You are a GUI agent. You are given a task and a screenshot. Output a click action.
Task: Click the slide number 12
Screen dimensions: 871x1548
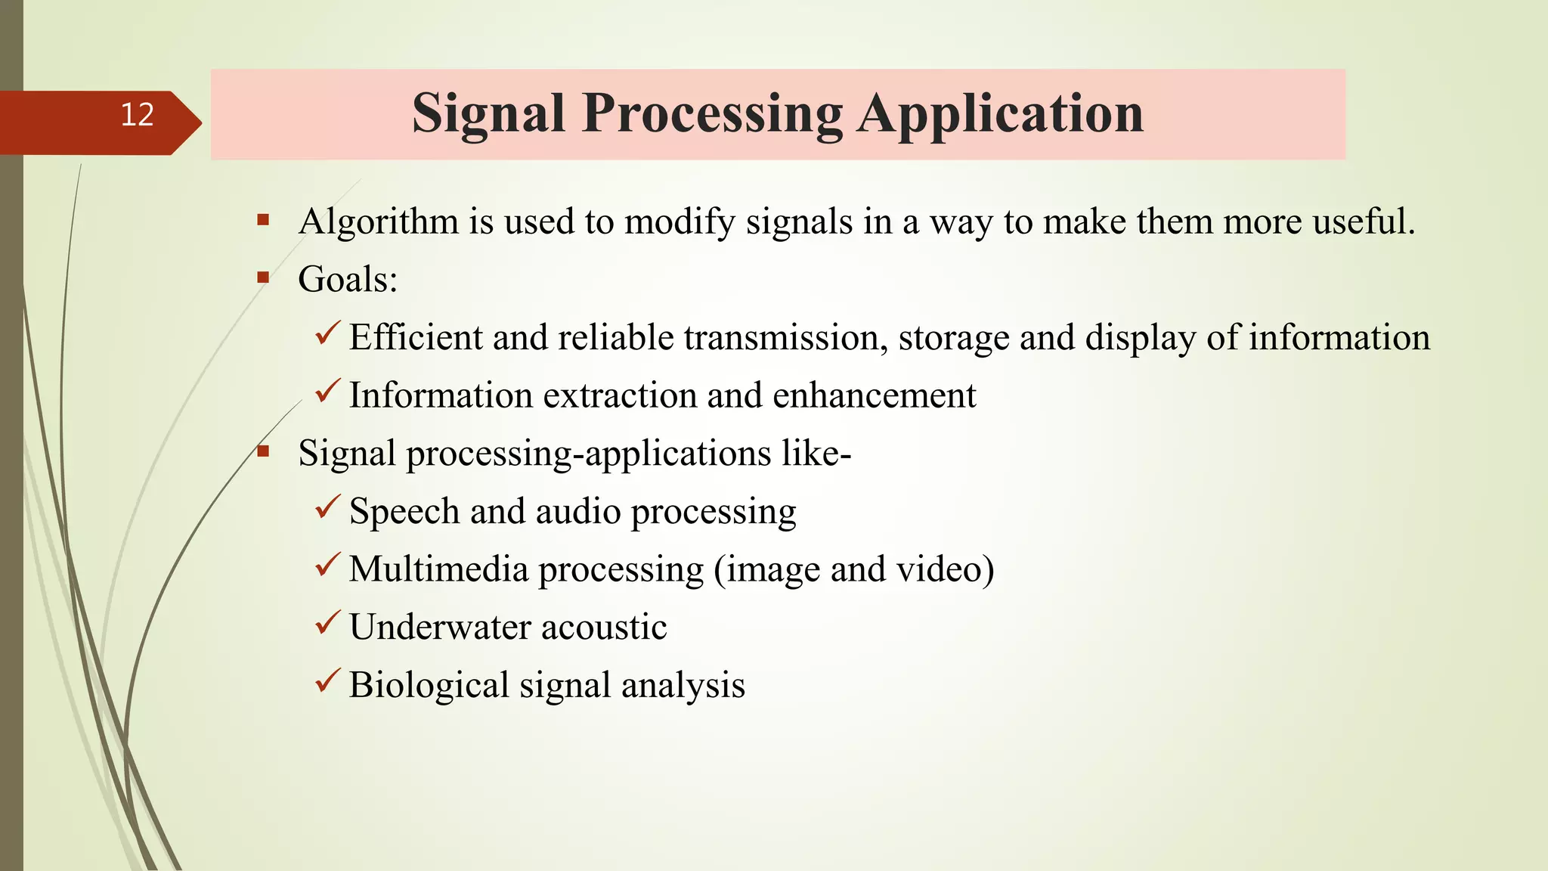point(137,115)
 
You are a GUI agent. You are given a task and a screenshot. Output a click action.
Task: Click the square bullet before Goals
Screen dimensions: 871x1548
point(263,277)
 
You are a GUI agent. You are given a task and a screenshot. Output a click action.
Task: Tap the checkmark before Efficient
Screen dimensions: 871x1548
point(327,333)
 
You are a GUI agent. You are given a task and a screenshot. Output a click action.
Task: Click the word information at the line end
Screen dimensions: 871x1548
point(1339,337)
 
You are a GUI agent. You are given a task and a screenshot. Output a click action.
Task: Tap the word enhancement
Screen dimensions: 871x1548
point(874,395)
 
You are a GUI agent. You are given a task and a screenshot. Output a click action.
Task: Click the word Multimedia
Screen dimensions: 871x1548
point(438,569)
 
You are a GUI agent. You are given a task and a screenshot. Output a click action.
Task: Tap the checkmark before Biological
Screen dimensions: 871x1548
point(327,681)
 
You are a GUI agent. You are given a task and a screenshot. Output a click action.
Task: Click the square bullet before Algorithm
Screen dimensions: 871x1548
point(263,220)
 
